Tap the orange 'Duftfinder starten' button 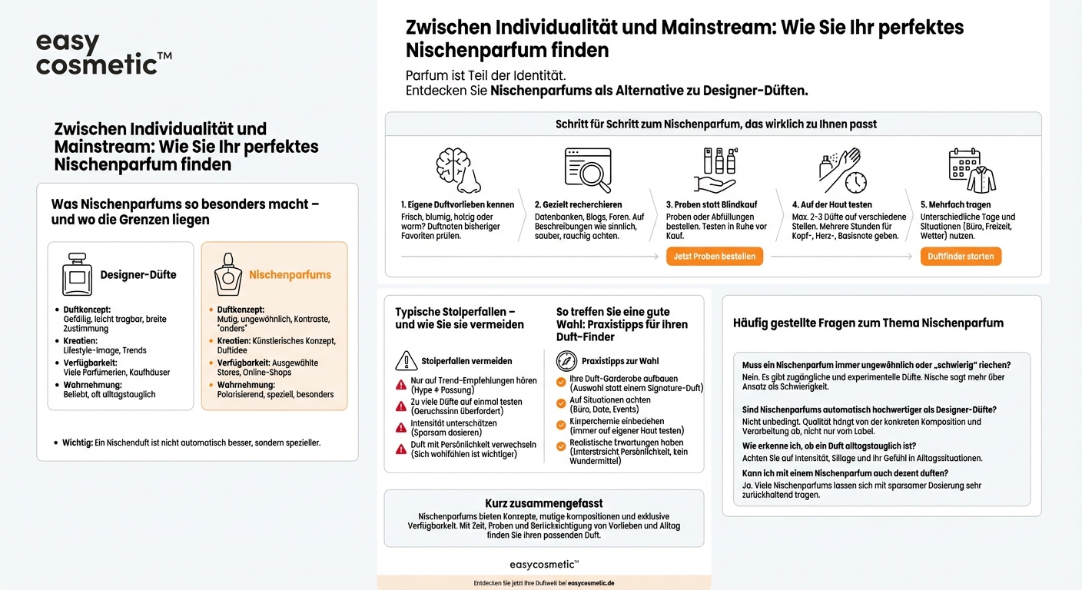[961, 257]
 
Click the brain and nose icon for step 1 [459, 170]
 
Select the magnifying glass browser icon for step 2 [588, 170]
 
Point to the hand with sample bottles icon [715, 170]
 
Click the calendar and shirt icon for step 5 [971, 170]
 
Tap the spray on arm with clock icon [842, 170]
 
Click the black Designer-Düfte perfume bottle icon [77, 273]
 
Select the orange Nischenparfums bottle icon [227, 274]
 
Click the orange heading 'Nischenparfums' [290, 274]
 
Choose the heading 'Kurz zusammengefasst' [543, 503]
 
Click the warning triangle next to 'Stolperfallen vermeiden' [406, 361]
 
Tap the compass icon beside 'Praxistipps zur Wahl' [566, 361]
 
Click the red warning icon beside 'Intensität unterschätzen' [401, 428]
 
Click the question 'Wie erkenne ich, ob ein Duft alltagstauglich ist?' [828, 446]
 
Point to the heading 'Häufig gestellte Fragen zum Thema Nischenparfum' [868, 323]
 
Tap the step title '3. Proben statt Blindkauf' [712, 205]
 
